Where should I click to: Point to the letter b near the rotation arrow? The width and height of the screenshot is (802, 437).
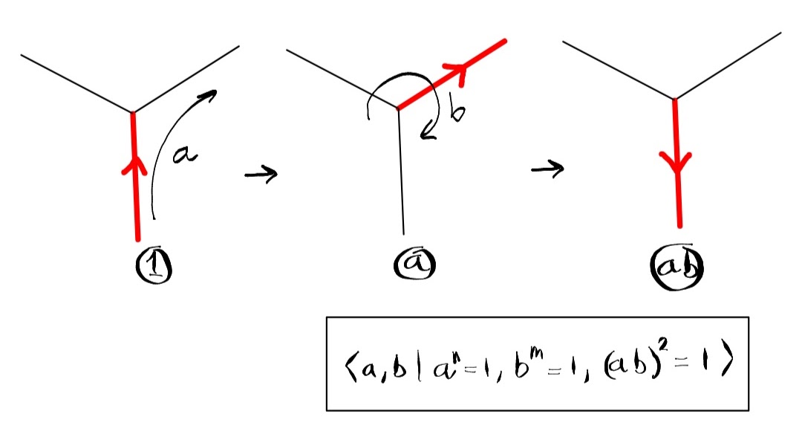click(457, 114)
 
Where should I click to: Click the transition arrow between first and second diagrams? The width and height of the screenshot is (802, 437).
click(261, 175)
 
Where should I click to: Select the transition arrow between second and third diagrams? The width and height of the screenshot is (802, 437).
click(547, 169)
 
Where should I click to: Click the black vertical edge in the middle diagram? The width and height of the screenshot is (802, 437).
click(401, 171)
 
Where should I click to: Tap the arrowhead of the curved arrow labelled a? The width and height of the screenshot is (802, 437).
click(211, 94)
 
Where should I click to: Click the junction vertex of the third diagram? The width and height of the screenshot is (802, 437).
click(674, 99)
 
